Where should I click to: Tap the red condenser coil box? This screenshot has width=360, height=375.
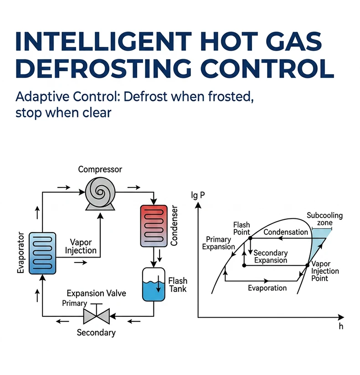[154, 226]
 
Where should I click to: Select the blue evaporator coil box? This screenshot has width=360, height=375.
[42, 253]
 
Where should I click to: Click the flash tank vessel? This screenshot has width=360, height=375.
[154, 284]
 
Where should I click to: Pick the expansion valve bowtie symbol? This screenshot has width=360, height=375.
[96, 316]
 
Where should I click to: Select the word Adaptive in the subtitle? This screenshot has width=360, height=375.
[42, 97]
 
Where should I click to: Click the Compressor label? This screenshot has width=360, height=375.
[100, 170]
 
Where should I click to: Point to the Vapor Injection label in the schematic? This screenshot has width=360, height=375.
[81, 246]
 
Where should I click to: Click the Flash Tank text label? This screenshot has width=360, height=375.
[178, 284]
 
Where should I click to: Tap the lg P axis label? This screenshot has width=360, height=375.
[198, 195]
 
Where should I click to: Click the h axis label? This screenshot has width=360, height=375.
[341, 326]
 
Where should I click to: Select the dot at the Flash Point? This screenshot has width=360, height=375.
[250, 238]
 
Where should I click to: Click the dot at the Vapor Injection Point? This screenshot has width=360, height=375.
[307, 265]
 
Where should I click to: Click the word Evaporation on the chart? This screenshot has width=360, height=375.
[267, 288]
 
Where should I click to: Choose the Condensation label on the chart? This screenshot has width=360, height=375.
[286, 232]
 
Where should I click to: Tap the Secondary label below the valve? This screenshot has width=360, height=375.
[96, 333]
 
